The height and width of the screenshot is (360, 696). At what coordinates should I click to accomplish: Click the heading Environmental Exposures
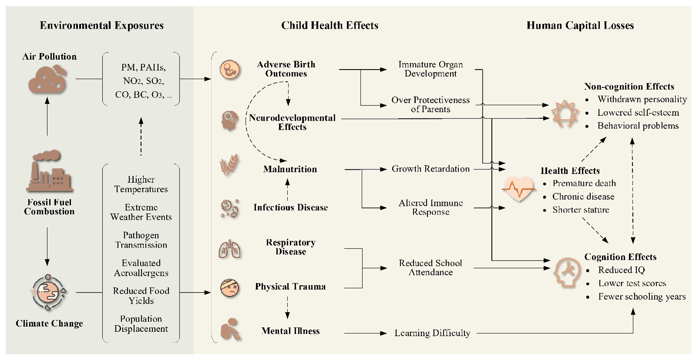[x=102, y=26]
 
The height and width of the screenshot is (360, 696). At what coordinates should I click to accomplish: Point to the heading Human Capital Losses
[x=580, y=26]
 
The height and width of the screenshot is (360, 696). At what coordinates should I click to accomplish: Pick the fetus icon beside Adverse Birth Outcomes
[x=229, y=69]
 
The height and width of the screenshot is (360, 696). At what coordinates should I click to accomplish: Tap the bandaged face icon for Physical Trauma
[x=229, y=288]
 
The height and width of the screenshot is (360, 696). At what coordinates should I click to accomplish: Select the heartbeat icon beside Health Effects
[x=518, y=189]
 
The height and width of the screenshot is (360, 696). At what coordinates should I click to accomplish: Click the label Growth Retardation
[x=430, y=169]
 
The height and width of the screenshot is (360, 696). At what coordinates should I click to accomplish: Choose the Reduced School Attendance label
[x=430, y=268]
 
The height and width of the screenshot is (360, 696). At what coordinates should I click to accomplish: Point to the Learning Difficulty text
[x=432, y=333]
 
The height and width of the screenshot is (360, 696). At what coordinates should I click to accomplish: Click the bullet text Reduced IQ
[x=621, y=270]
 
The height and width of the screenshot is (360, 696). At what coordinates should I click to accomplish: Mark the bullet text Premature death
[x=584, y=183]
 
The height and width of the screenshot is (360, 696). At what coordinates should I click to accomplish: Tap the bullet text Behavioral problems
[x=638, y=126]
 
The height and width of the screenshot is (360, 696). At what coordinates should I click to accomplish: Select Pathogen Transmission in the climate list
[x=141, y=240]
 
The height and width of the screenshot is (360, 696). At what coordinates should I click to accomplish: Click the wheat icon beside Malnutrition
[x=229, y=165]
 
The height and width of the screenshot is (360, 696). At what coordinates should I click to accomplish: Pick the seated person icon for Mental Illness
[x=229, y=329]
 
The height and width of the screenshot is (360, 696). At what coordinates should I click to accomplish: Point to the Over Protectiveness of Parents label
[x=430, y=104]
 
